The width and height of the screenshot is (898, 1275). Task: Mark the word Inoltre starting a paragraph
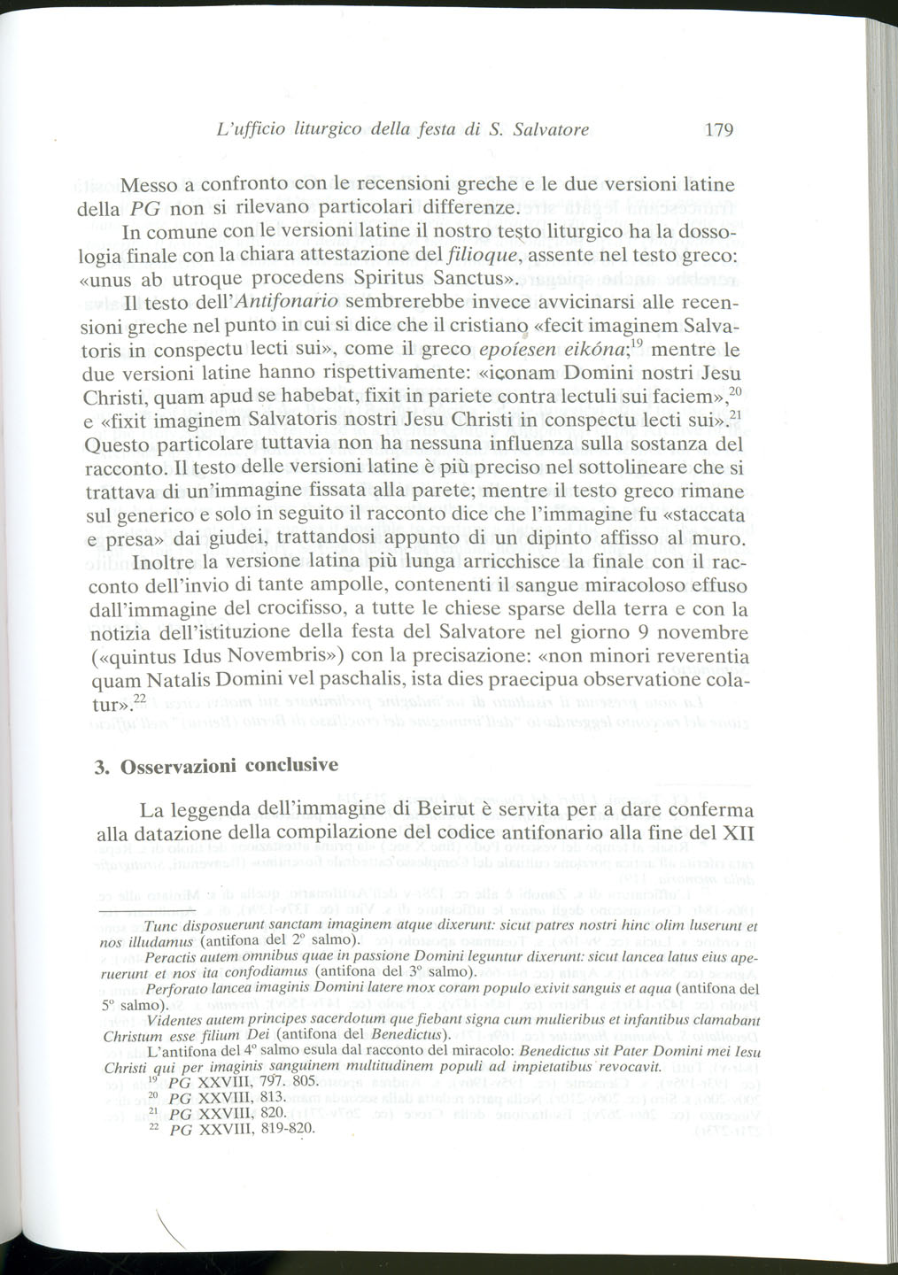[x=152, y=561]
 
